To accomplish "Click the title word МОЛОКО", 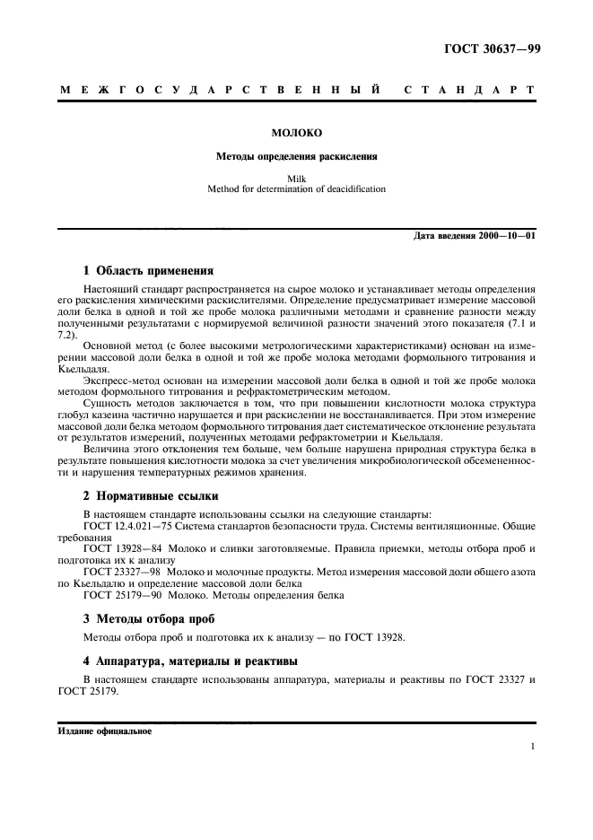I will pyautogui.click(x=296, y=133).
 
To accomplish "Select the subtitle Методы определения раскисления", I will pyautogui.click(x=296, y=156).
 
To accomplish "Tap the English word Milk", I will pyautogui.click(x=296, y=179).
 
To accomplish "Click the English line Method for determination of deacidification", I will pyautogui.click(x=296, y=189).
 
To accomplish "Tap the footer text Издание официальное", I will pyautogui.click(x=105, y=731).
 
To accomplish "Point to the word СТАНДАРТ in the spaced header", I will pyautogui.click(x=470, y=92).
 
